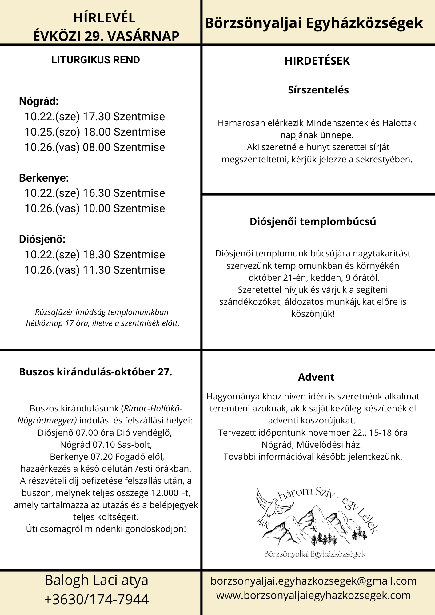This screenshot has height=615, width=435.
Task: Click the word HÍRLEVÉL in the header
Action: tap(104, 18)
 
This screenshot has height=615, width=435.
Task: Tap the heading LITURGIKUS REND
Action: tap(95, 60)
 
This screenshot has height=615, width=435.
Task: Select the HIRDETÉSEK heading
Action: tap(317, 61)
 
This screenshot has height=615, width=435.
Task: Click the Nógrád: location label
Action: tap(39, 101)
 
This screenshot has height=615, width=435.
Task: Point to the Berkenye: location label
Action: tap(44, 178)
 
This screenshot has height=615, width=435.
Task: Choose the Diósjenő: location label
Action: tap(42, 239)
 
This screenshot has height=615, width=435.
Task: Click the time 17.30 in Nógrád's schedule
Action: tap(97, 117)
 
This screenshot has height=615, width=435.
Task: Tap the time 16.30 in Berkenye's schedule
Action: tap(97, 193)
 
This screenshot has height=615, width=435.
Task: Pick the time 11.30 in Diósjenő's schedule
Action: tap(97, 270)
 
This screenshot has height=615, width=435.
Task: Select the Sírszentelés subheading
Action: tap(318, 90)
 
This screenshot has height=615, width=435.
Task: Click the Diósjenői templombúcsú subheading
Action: tap(313, 221)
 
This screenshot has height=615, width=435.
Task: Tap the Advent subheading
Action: tap(316, 377)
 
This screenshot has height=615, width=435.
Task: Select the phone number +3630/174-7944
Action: tap(97, 600)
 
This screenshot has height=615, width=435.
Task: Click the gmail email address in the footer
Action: tap(313, 581)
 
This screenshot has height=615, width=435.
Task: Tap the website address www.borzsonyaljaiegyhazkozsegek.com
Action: tap(313, 595)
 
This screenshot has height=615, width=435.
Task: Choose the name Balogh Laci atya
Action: tap(97, 580)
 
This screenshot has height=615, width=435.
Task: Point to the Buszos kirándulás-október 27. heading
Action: tap(96, 372)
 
